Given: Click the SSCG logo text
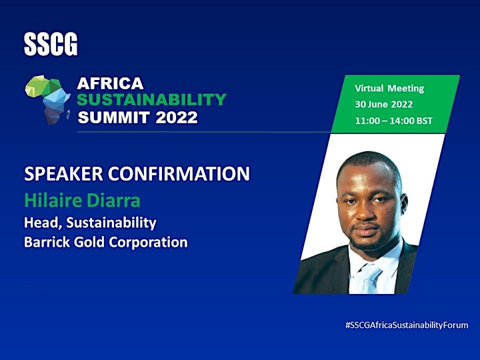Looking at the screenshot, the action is (51, 45).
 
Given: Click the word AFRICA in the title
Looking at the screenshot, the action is (110, 83).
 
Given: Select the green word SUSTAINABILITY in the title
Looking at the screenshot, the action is (151, 100).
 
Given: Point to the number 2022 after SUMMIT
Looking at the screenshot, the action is (177, 117).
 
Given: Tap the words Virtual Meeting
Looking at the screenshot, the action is (389, 89).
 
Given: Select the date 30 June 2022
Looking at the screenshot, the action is (384, 105).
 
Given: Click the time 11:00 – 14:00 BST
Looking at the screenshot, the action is (394, 121).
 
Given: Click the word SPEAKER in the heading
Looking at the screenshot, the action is (63, 173).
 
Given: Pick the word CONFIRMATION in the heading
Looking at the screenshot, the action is (179, 173).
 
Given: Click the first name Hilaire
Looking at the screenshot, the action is (53, 201).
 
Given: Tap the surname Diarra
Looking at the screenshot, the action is (113, 201).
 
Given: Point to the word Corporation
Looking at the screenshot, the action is (148, 243).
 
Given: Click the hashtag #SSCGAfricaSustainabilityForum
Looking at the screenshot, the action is (407, 325).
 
